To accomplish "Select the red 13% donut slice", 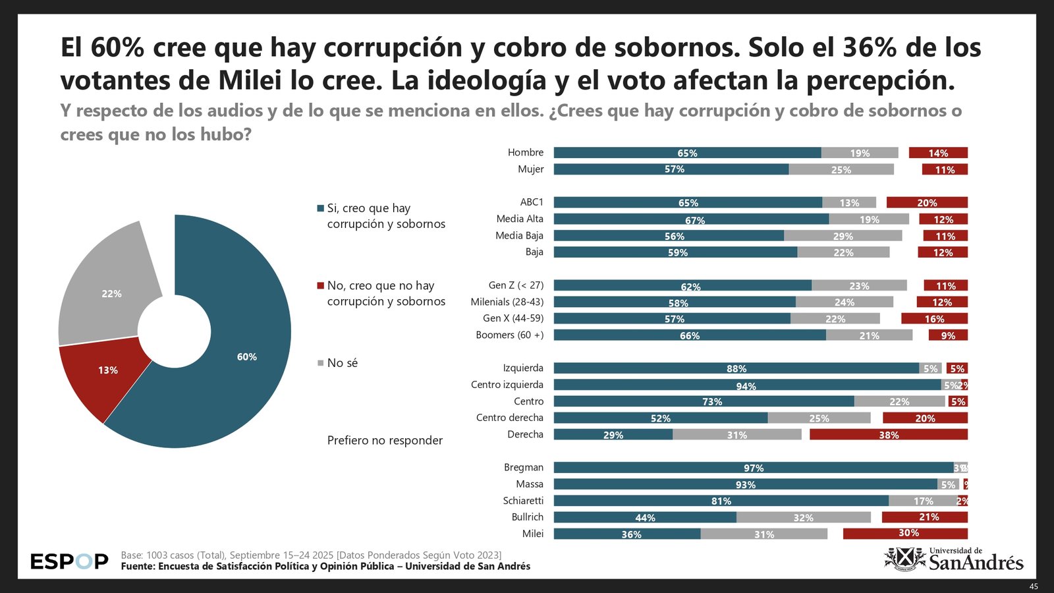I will [x=108, y=370].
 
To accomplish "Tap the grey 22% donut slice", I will [x=111, y=293].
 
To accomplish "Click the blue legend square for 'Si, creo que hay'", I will [x=321, y=208].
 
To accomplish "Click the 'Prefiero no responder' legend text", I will [x=385, y=440].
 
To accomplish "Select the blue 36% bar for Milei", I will [x=627, y=534].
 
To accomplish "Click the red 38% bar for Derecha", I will [x=888, y=434].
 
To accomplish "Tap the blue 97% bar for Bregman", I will [x=753, y=468].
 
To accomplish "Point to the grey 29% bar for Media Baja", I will [x=843, y=236].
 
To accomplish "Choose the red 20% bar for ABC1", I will [x=927, y=202].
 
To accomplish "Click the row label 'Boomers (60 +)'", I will [x=510, y=335].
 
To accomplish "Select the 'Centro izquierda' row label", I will [x=507, y=385].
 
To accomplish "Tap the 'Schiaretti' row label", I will [x=523, y=501].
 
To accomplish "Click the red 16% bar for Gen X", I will [x=934, y=318].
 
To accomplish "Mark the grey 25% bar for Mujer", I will [x=841, y=169].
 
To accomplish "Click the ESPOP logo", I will [x=69, y=561].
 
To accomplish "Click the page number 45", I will [x=1034, y=586].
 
